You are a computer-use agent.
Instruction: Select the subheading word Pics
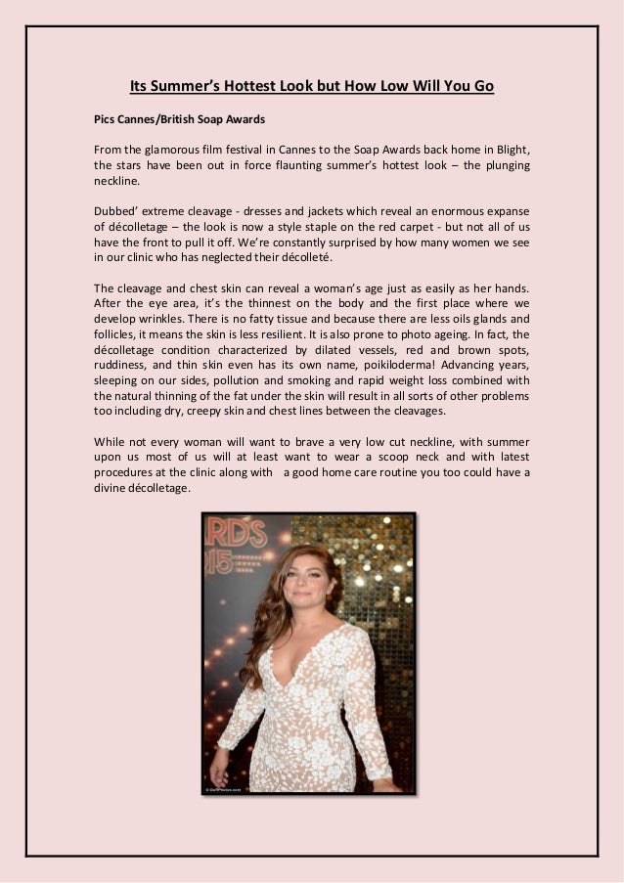point(106,120)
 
